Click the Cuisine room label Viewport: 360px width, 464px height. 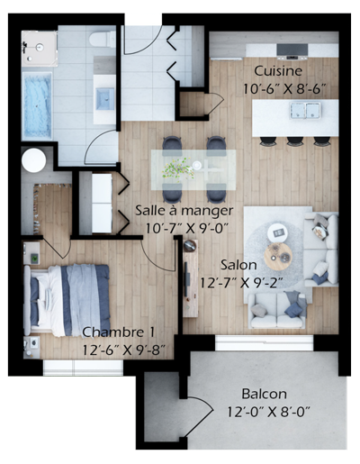(278, 71)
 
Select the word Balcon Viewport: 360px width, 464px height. (264, 394)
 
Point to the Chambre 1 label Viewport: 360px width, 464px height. (119, 332)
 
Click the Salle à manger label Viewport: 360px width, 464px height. (184, 211)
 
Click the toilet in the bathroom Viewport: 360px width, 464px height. (103, 39)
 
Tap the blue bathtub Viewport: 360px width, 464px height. (37, 106)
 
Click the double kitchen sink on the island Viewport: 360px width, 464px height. (305, 111)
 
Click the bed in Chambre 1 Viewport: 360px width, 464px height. (67, 300)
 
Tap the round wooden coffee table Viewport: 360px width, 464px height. (278, 257)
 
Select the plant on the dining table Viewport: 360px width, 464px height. (177, 169)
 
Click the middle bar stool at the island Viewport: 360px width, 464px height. (295, 141)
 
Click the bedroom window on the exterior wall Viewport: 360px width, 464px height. (83, 368)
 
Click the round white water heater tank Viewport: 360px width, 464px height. (34, 160)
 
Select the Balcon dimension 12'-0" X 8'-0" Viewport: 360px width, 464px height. (268, 412)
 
